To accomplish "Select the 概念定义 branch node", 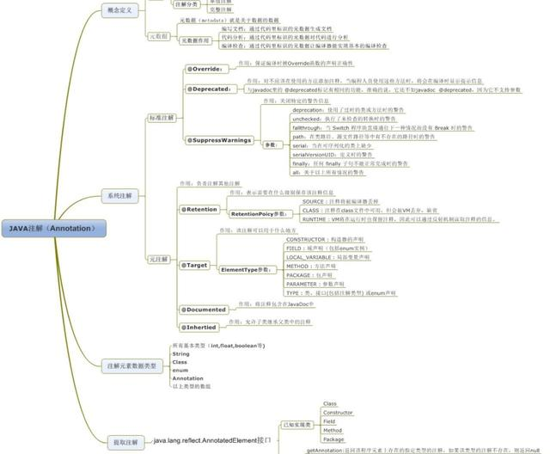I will point(119,9).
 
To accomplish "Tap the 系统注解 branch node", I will point(119,196).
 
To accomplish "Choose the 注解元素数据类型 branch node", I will point(131,366).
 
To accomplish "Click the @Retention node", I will point(200,209).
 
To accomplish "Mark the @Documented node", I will point(204,310).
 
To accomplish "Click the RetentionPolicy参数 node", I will point(257,213).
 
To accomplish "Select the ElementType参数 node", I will point(251,270).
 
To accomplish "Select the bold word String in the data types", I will point(181,354).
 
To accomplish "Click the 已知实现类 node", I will point(297,425).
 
